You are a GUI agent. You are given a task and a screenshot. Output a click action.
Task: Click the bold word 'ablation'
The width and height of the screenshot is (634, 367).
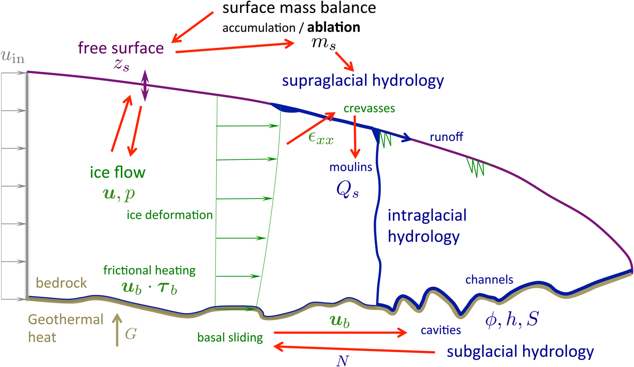click(334, 28)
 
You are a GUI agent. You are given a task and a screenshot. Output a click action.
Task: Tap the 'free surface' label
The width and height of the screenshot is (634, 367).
click(120, 48)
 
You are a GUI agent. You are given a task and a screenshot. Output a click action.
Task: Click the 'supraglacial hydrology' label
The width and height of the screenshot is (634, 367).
click(362, 81)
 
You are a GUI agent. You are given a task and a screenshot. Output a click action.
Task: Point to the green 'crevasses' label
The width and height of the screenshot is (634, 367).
click(370, 108)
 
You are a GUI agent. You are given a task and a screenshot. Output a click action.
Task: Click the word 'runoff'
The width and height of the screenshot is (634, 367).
click(447, 137)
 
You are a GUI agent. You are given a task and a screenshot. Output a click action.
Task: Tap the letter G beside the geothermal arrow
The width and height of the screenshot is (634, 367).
click(130, 335)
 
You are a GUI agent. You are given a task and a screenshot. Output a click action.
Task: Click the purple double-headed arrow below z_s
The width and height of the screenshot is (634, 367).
click(144, 85)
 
